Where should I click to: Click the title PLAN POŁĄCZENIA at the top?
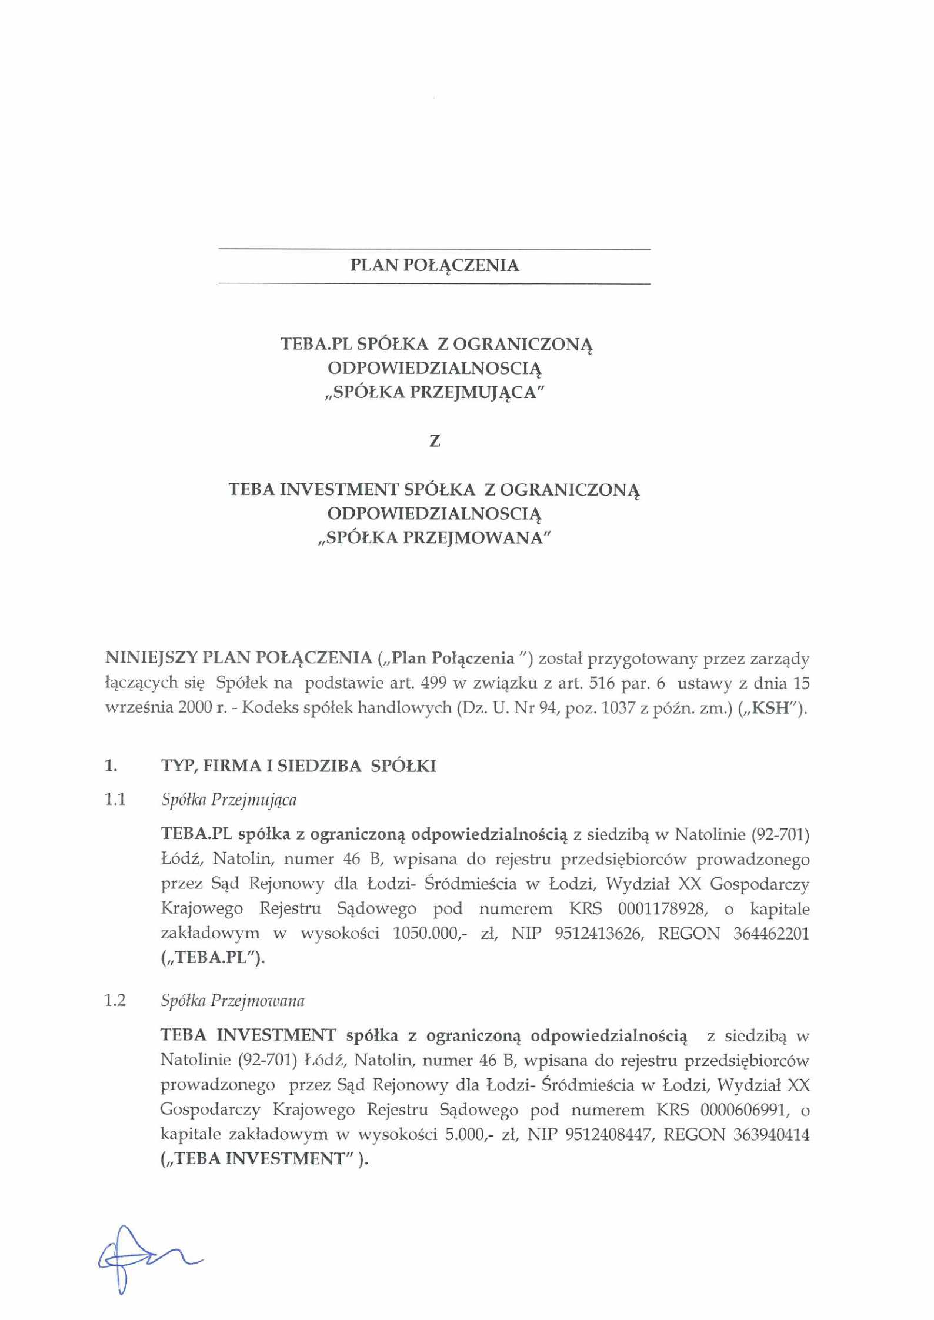(x=434, y=266)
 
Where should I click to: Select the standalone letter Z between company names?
(x=435, y=441)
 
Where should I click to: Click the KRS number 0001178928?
(x=662, y=908)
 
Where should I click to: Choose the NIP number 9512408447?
(x=609, y=1134)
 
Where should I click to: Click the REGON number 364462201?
(x=771, y=933)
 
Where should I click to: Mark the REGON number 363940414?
(x=771, y=1134)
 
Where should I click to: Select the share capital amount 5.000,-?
(x=473, y=1134)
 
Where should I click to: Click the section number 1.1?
(x=115, y=800)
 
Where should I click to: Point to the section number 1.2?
(x=115, y=1000)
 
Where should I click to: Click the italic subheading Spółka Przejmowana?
(x=233, y=1001)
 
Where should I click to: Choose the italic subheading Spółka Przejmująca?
(x=229, y=800)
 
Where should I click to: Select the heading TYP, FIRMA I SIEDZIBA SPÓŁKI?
(x=299, y=766)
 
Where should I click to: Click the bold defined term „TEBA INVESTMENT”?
(x=263, y=1159)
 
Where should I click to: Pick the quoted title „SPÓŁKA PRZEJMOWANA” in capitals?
(x=434, y=538)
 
